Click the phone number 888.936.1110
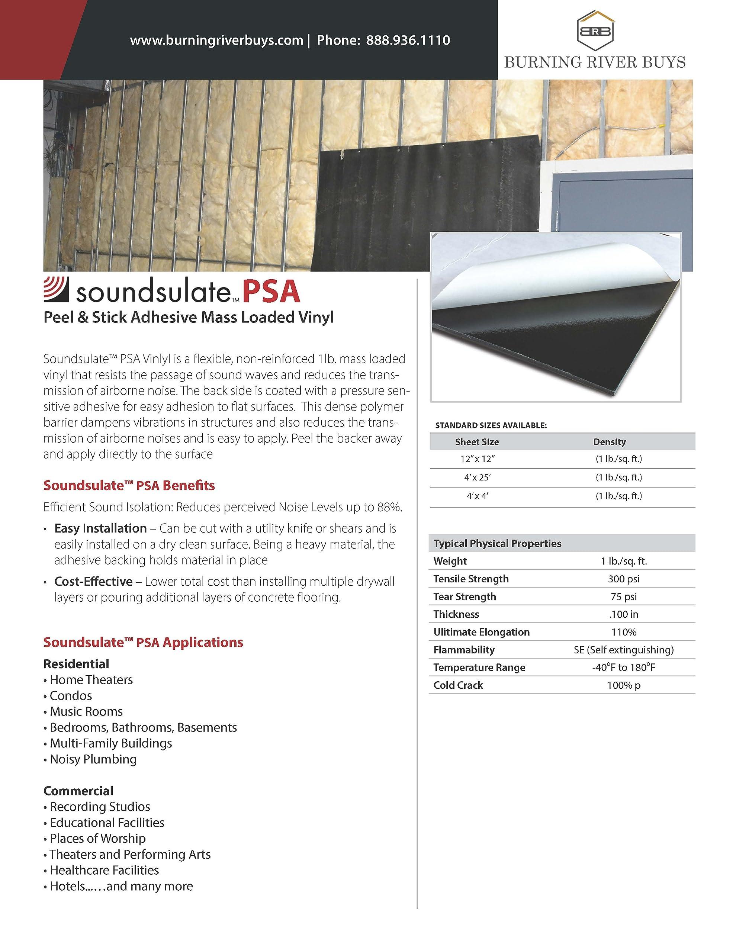(x=408, y=41)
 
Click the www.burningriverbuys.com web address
(x=216, y=41)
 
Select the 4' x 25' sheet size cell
(x=477, y=477)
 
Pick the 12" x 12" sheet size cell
(x=477, y=459)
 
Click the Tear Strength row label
(x=465, y=596)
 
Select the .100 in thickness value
(x=624, y=614)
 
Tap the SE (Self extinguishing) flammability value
(x=624, y=650)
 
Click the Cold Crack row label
(x=458, y=685)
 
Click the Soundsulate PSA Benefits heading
(x=129, y=486)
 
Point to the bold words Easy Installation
(x=100, y=528)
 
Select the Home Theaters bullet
(x=91, y=679)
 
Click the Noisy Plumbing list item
(x=93, y=759)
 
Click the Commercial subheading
(x=78, y=791)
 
